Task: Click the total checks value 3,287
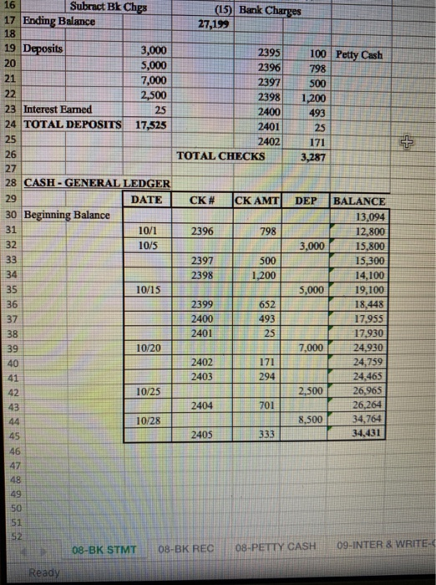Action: click(312, 155)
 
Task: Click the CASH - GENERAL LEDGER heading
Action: click(97, 183)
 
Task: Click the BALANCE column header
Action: click(359, 201)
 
